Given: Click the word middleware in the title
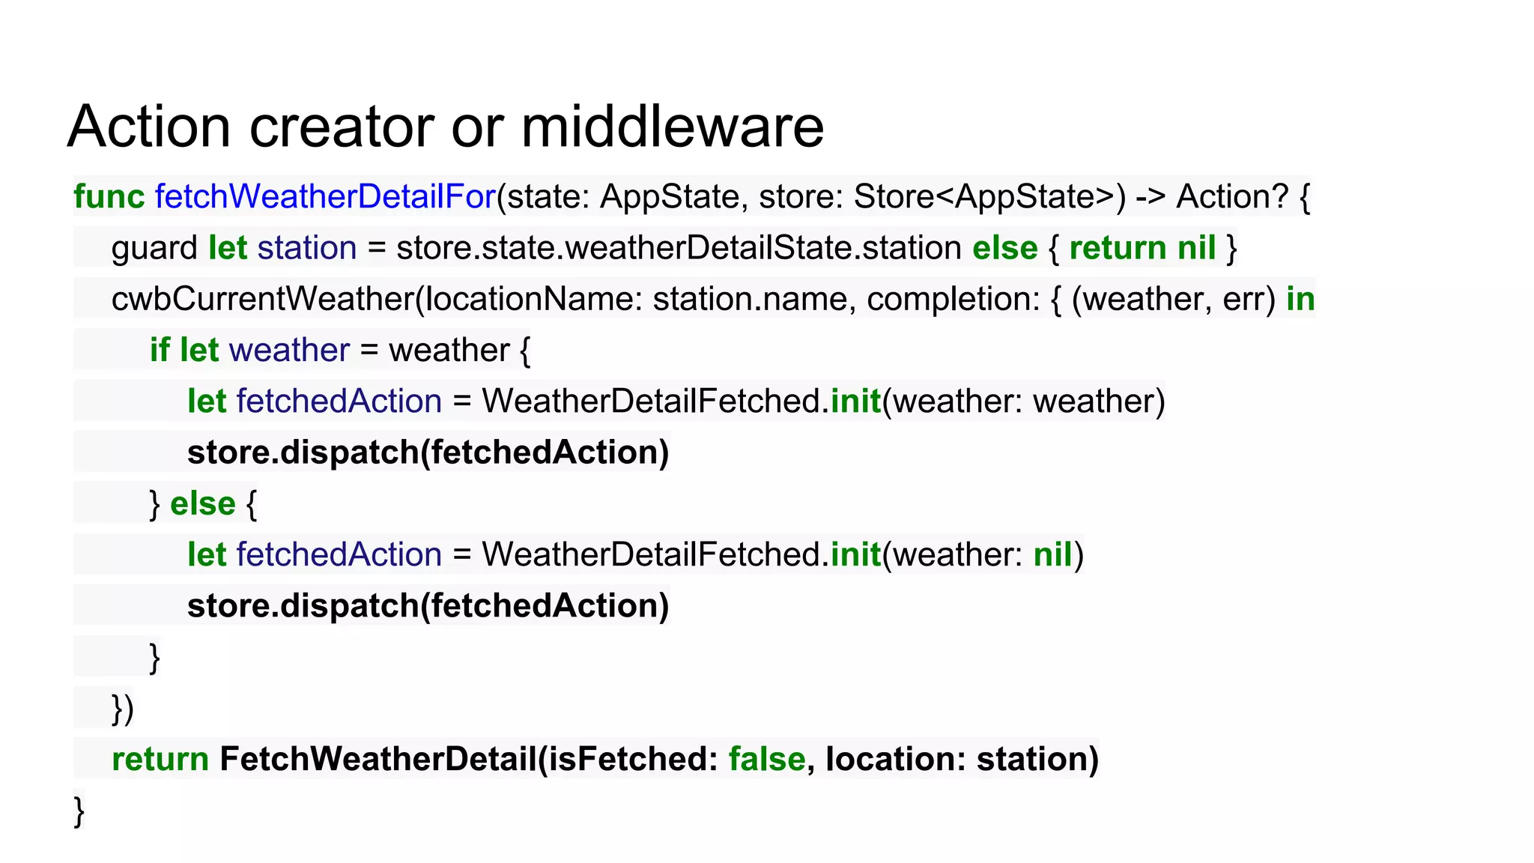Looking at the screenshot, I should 672,127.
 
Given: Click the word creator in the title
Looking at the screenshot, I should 342,127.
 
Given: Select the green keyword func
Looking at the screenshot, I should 109,196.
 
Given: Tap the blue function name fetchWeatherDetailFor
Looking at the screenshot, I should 325,196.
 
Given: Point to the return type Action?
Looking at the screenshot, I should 1232,196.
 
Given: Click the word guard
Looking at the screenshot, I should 154,248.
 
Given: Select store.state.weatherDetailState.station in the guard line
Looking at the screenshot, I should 679,248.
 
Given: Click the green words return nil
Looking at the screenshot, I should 1142,248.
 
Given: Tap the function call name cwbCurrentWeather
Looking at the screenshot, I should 262,299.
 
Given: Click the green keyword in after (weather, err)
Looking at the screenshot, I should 1300,299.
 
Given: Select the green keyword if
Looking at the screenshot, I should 159,350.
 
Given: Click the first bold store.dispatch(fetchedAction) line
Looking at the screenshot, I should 428,452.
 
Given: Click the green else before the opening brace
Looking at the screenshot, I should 202,503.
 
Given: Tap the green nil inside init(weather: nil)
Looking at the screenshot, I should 1052,555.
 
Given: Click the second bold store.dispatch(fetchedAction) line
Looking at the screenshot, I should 428,606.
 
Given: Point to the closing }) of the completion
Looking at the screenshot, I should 123,709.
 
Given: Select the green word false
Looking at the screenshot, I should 767,759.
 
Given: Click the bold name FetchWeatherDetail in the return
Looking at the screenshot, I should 378,759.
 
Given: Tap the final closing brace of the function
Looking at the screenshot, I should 79,811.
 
